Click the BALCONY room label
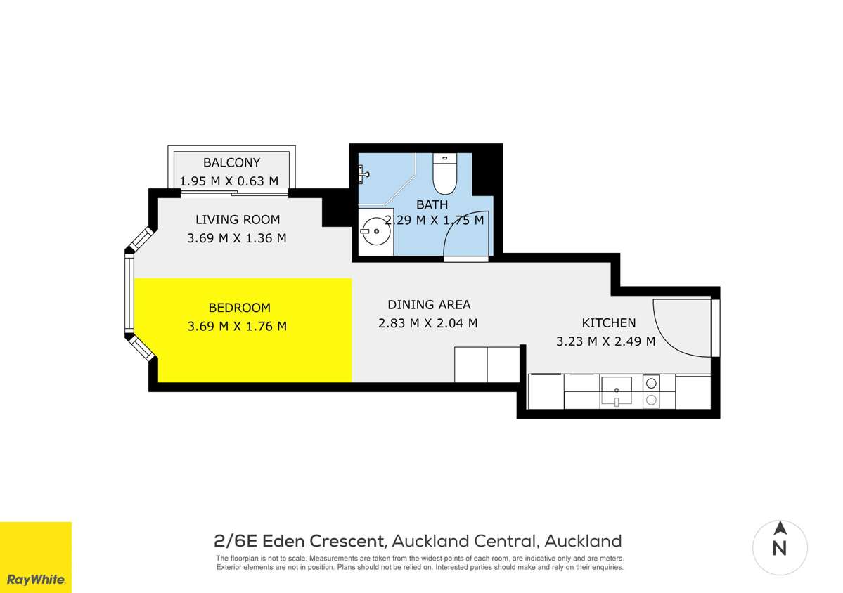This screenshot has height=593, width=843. click(231, 163)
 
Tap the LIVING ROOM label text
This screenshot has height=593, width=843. click(237, 219)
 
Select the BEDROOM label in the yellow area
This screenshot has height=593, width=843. click(239, 308)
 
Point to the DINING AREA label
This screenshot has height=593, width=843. click(429, 305)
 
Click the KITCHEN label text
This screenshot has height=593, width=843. click(608, 323)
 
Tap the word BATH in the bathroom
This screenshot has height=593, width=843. click(432, 204)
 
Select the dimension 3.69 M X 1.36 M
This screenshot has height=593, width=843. click(236, 238)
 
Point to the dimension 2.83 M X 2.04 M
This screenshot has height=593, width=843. click(428, 323)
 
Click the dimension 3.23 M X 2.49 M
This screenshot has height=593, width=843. click(605, 342)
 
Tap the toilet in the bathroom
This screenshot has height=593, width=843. click(444, 175)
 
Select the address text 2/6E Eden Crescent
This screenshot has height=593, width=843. click(300, 541)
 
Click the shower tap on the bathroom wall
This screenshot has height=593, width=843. click(363, 171)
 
